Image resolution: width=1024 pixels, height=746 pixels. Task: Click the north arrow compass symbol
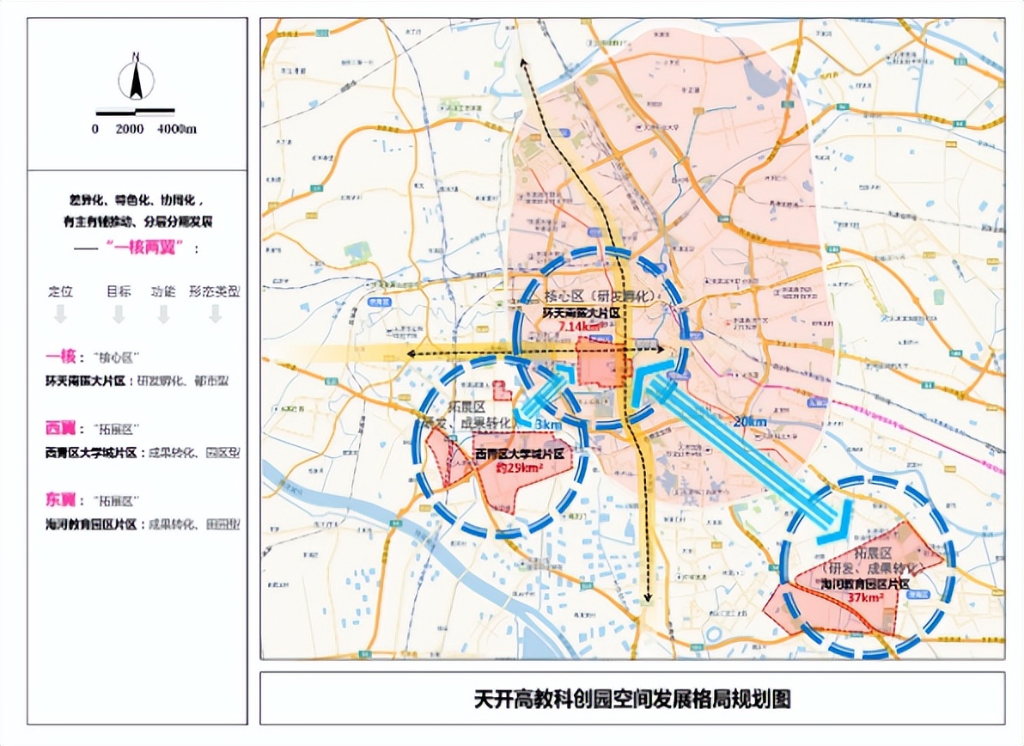136,78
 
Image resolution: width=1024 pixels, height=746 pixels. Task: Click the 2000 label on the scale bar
129,129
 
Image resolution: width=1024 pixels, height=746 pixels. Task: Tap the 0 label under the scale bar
95,129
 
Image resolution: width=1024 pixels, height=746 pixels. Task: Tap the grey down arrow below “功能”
163,315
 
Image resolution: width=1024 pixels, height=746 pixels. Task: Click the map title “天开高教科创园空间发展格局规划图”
631,699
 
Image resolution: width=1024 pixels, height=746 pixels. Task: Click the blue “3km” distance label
548,425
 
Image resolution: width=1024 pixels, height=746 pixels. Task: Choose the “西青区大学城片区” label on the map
521,454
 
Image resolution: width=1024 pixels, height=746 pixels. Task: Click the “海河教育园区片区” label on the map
865,584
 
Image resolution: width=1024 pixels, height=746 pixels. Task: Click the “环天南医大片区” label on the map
582,314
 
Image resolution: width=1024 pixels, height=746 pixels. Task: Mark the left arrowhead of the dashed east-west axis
410,354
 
